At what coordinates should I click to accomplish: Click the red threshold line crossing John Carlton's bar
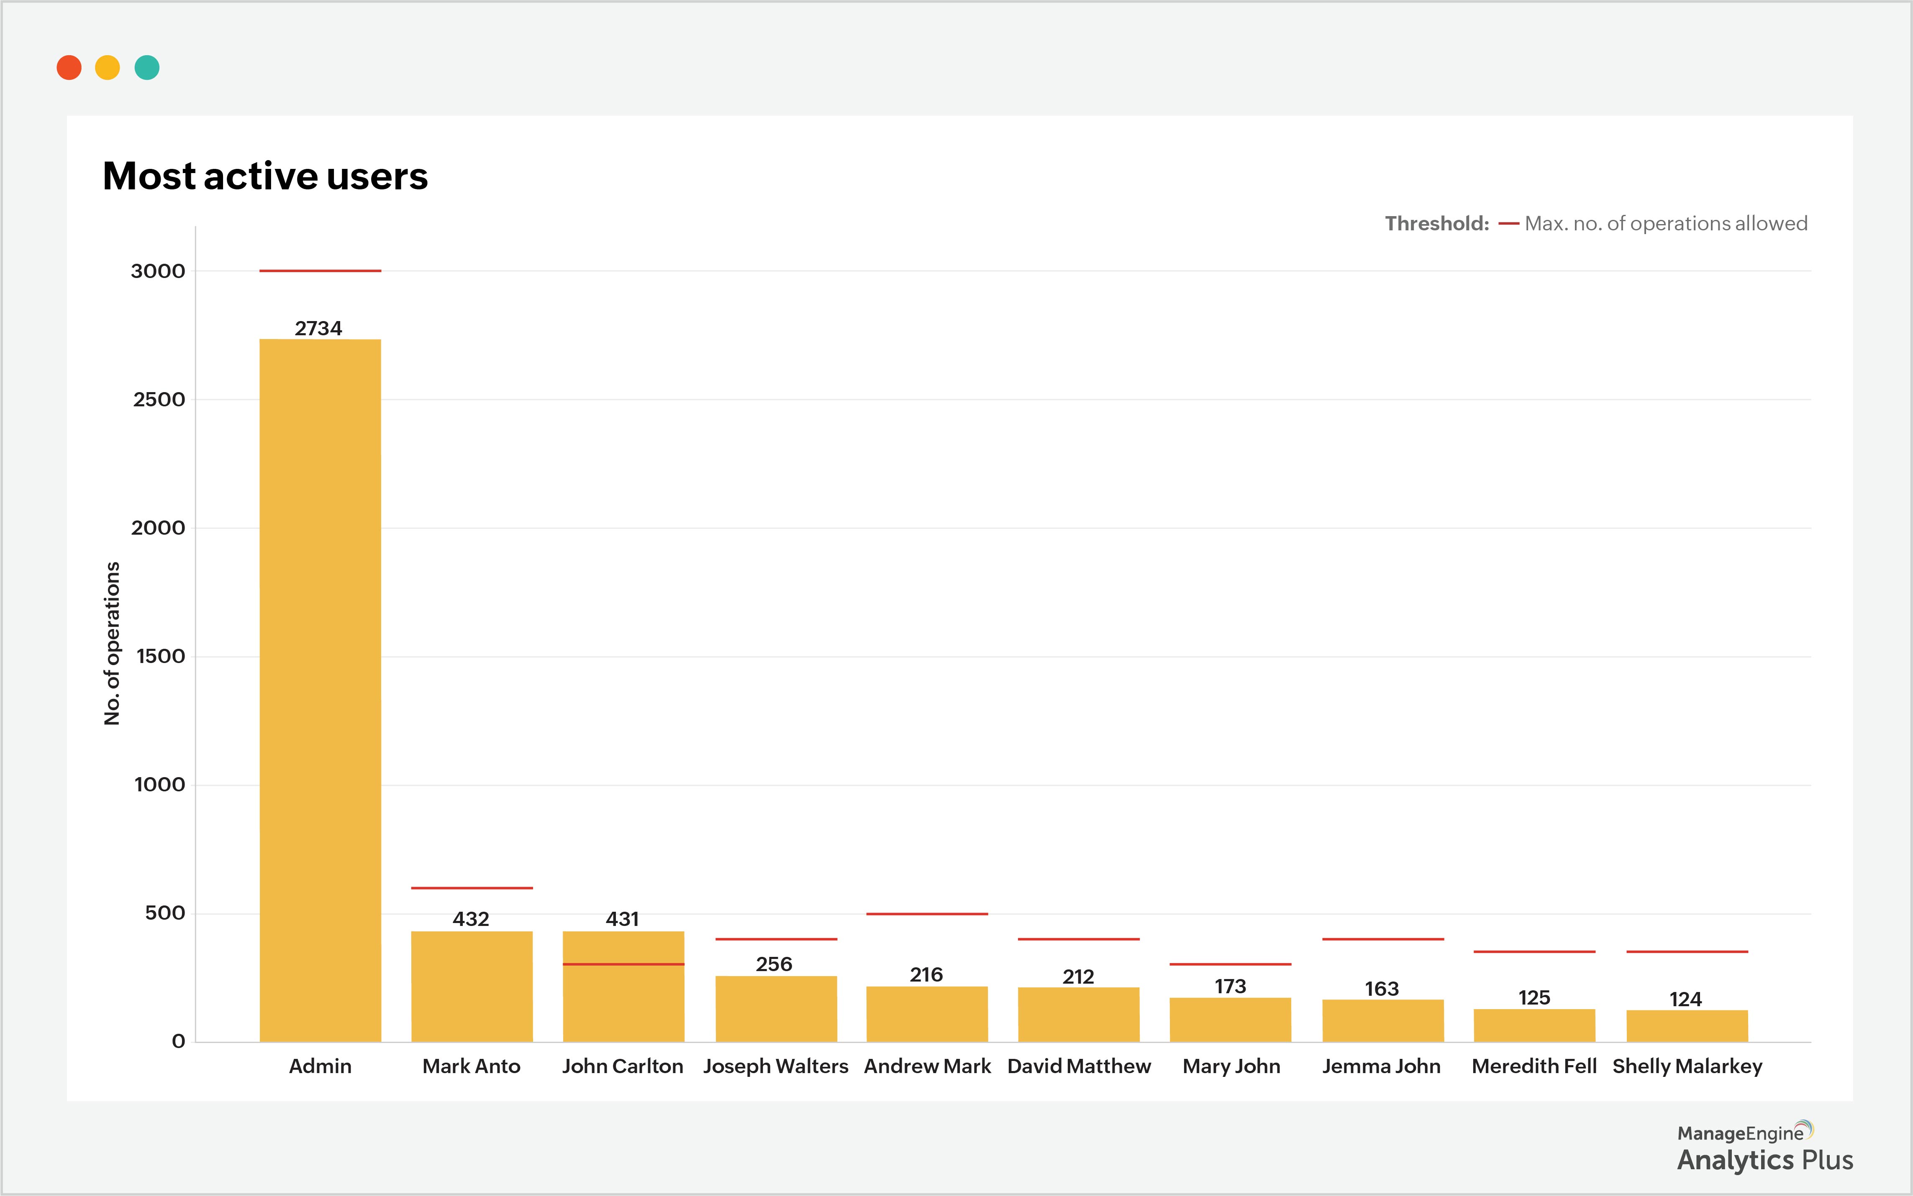coord(623,964)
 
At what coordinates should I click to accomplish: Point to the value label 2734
coord(318,328)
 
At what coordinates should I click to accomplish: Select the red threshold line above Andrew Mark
coord(927,913)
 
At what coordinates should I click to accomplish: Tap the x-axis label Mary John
coord(1231,1066)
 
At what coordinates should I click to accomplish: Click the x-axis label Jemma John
coord(1381,1066)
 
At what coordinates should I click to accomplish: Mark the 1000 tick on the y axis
coord(159,785)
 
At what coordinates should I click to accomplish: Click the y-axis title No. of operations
coord(113,643)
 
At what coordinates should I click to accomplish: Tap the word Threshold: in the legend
coord(1436,224)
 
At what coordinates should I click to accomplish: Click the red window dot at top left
coord(69,68)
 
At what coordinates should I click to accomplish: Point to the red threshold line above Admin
coord(320,270)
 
